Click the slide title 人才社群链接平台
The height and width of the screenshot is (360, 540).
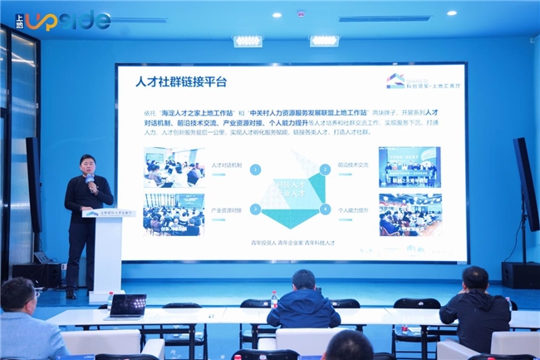click(x=182, y=82)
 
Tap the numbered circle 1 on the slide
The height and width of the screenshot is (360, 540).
click(x=256, y=169)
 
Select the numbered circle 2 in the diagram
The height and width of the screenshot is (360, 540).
click(x=324, y=169)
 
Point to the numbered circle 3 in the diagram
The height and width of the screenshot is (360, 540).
click(x=256, y=209)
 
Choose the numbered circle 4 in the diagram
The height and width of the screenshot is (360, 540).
click(x=324, y=209)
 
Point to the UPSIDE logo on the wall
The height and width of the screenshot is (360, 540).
click(x=63, y=20)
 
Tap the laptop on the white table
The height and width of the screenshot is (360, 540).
click(x=126, y=305)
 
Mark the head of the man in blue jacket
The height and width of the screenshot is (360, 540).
click(x=302, y=280)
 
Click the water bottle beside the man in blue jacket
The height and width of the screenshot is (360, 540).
click(x=274, y=300)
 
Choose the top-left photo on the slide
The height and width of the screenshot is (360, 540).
click(x=174, y=167)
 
